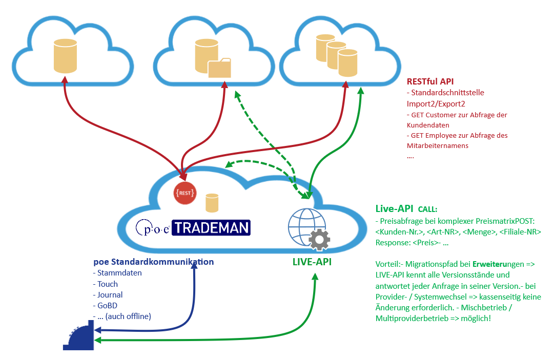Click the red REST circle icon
pos(184,193)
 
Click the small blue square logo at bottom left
pos(78,335)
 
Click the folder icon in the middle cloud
pos(220,68)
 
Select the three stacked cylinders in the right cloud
pos(336,52)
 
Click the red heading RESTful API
pos(430,81)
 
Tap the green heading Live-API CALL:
pos(407,209)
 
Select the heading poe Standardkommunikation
pos(153,262)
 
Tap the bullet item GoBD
pos(106,305)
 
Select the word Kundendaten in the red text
pos(428,125)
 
